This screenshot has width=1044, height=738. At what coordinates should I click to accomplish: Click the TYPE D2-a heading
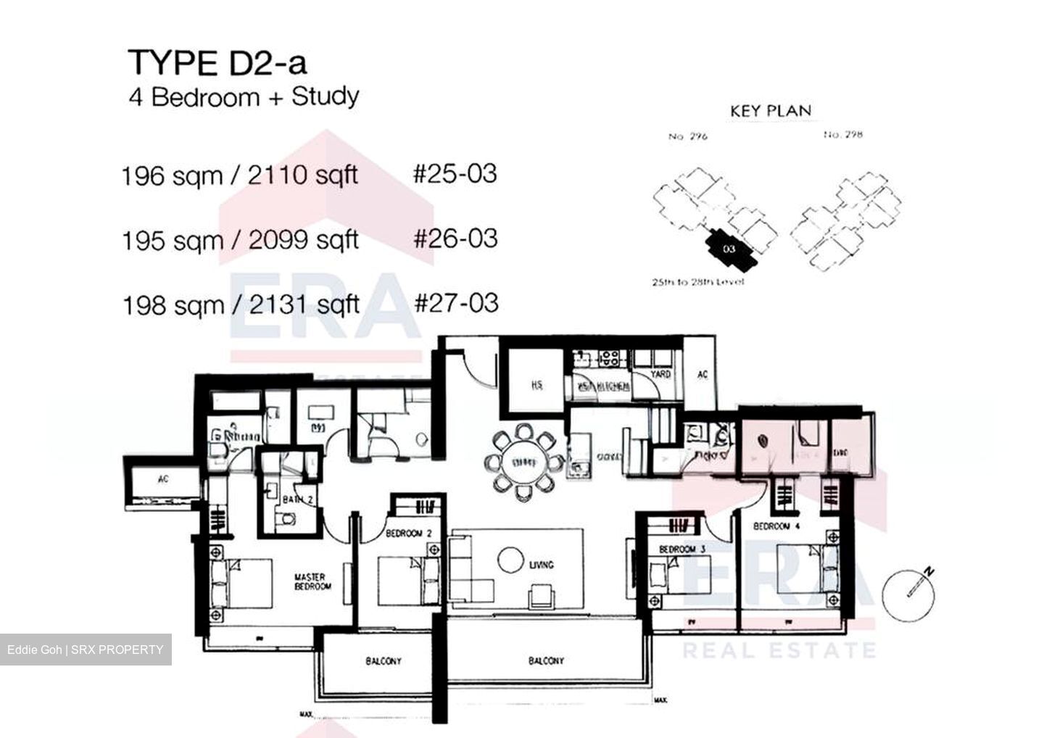tap(217, 63)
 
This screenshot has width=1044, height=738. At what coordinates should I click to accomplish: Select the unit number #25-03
tap(455, 174)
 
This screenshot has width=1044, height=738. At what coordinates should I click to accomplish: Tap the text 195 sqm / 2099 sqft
tap(240, 240)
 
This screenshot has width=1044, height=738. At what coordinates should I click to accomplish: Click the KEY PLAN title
tap(770, 111)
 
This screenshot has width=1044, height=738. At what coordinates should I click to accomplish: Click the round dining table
tap(520, 462)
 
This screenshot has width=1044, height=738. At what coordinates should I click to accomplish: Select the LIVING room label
tap(541, 564)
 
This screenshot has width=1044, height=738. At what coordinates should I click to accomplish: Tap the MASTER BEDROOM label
tap(312, 581)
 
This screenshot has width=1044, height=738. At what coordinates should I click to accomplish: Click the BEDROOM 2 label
tap(408, 534)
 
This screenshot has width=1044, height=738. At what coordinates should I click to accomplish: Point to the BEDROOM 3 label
tap(682, 550)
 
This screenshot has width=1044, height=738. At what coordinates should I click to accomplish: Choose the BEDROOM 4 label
tap(776, 526)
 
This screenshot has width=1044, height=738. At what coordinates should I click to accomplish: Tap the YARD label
tap(660, 374)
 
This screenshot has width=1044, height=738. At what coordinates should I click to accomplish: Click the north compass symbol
tap(908, 589)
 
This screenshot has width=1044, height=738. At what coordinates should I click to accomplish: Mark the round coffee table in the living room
tap(512, 560)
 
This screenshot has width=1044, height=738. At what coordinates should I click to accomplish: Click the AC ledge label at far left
tap(162, 479)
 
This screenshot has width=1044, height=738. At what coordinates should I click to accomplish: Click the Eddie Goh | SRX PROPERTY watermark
tap(86, 650)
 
